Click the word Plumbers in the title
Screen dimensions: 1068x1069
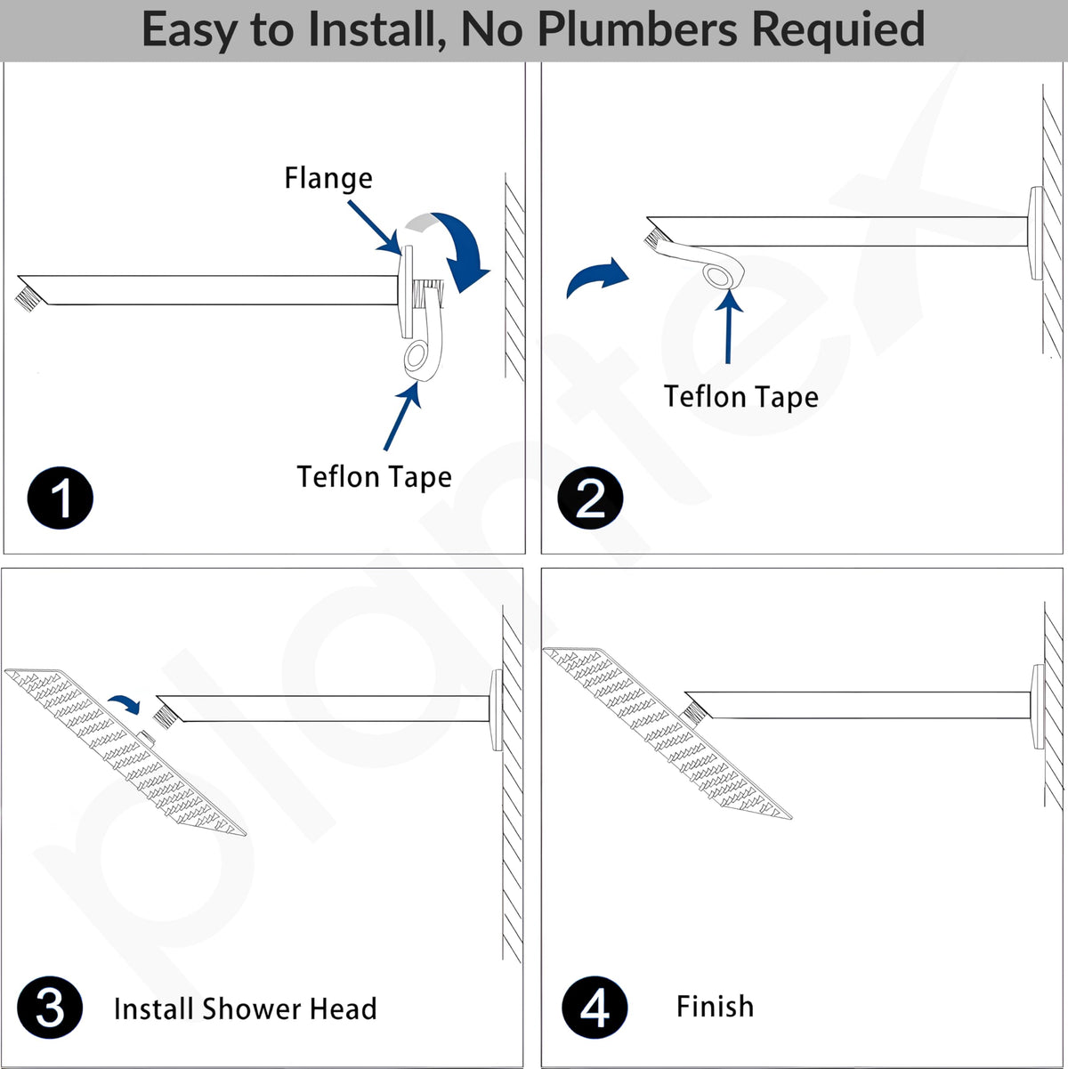[x=637, y=28]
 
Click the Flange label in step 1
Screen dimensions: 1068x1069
[x=328, y=178]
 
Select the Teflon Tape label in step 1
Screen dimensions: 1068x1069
[x=375, y=476]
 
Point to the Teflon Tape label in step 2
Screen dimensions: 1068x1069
[x=741, y=397]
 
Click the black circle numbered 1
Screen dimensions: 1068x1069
[x=60, y=498]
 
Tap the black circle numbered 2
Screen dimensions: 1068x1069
[x=590, y=498]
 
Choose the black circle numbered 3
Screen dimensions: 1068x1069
[x=50, y=1008]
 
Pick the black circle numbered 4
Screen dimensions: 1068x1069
[x=595, y=1008]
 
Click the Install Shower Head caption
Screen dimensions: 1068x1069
[x=246, y=1008]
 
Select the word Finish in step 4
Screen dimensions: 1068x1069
[x=716, y=1006]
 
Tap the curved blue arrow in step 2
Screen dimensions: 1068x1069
[x=596, y=278]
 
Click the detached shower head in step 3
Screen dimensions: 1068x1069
[x=125, y=752]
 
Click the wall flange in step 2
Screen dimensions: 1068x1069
[x=1036, y=233]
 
